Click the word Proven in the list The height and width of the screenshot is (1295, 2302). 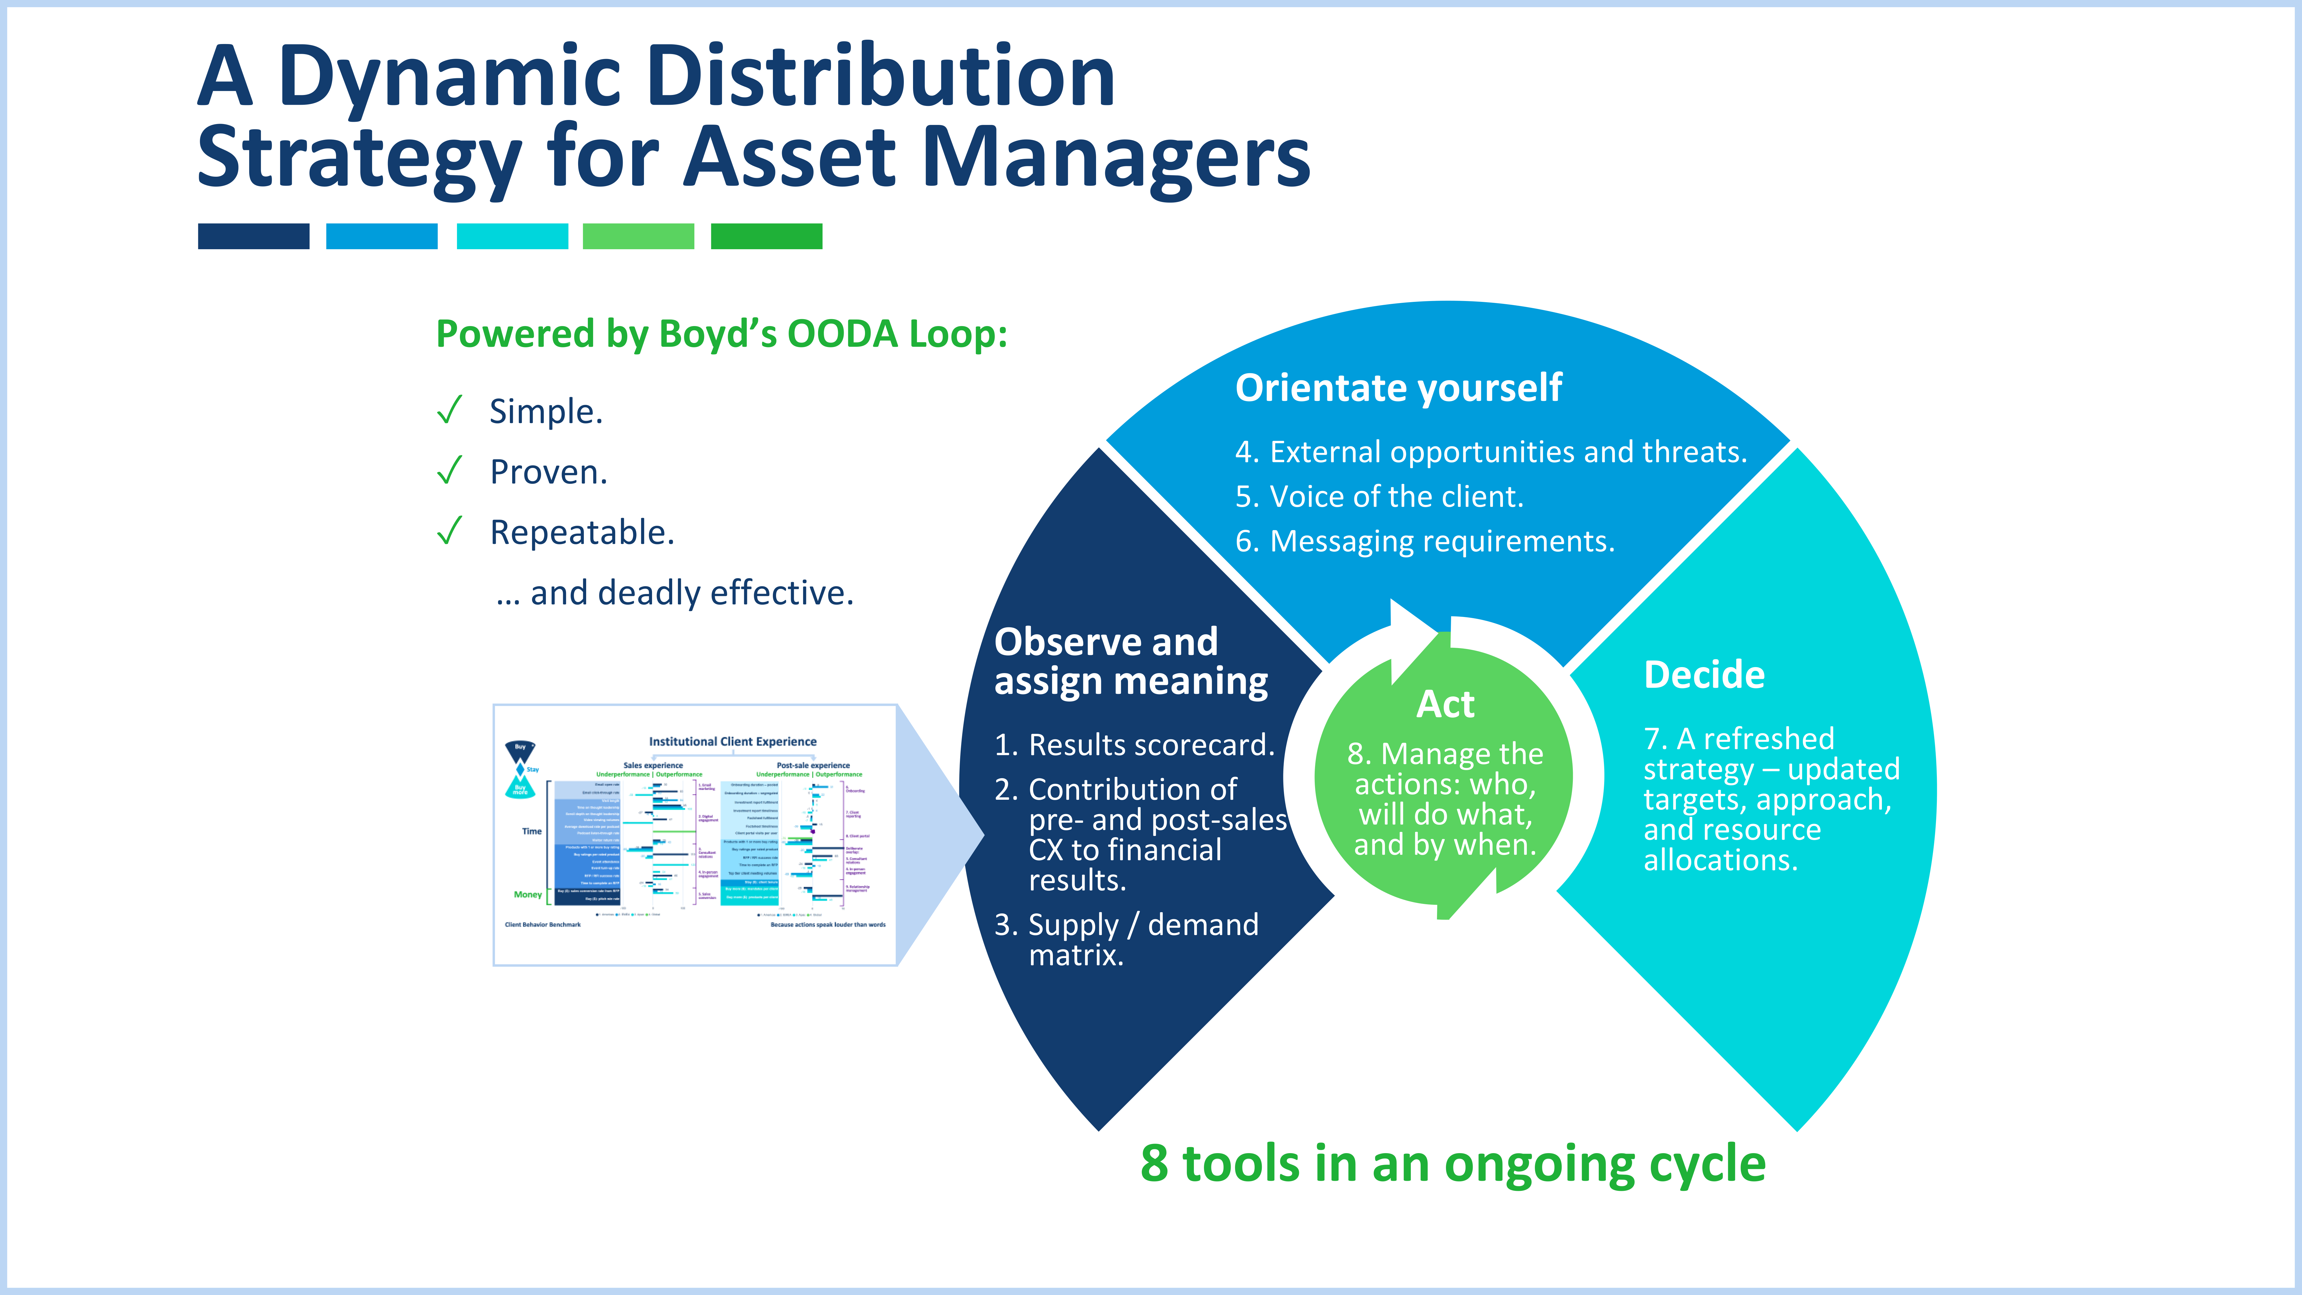pyautogui.click(x=548, y=472)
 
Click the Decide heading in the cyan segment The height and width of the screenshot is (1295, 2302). pyautogui.click(x=1703, y=675)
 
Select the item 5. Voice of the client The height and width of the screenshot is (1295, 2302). pyautogui.click(x=1379, y=497)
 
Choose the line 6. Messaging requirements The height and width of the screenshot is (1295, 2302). pyautogui.click(x=1424, y=542)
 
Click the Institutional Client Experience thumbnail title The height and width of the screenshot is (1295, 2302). pyautogui.click(x=732, y=742)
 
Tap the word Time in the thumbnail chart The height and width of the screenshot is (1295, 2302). pyautogui.click(x=532, y=831)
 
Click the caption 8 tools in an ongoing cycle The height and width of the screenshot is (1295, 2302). pyautogui.click(x=1452, y=1163)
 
